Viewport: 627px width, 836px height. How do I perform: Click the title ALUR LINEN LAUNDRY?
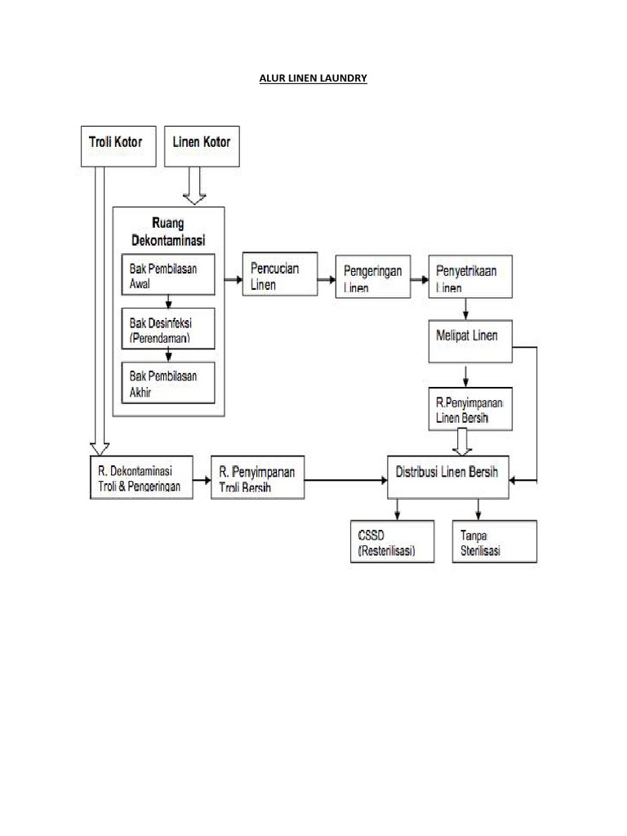point(313,78)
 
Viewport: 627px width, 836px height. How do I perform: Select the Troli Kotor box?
point(117,145)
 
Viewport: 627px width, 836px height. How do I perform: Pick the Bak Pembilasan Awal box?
point(168,275)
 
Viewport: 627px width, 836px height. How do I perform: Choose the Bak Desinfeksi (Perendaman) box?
point(168,327)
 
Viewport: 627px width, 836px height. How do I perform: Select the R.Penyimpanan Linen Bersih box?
point(470,409)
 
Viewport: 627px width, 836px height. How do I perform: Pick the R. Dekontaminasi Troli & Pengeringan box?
point(140,477)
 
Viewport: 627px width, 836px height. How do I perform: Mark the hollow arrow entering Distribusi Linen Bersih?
point(462,442)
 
